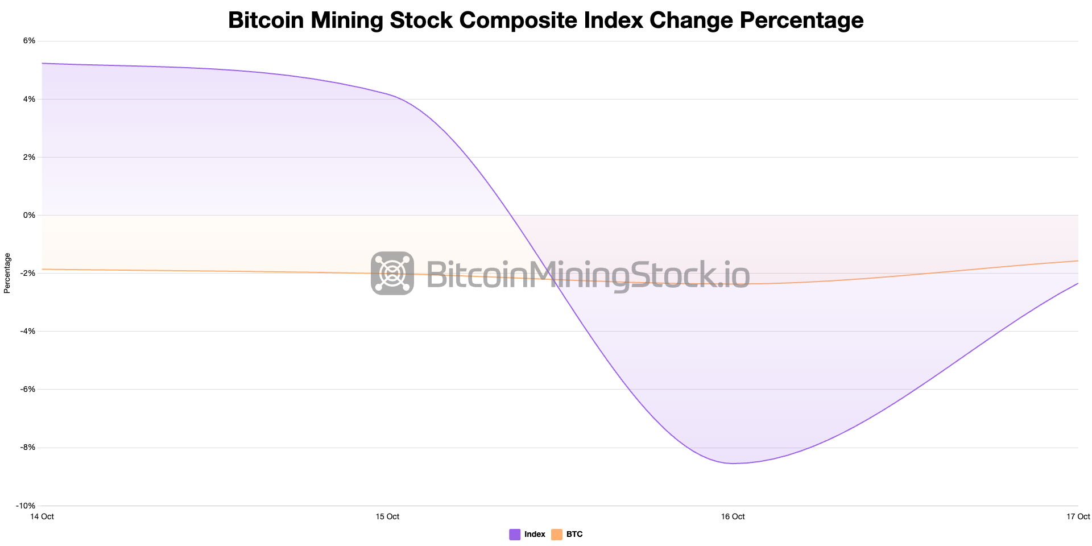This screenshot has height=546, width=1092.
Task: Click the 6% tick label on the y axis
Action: pos(29,41)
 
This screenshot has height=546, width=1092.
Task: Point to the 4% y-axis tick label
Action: pos(29,99)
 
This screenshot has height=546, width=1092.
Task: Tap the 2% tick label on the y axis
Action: pos(29,157)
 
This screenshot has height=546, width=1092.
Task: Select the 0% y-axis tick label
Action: pos(29,215)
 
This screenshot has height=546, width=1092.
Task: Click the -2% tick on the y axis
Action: pos(27,273)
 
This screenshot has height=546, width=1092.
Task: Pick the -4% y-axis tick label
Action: pos(27,331)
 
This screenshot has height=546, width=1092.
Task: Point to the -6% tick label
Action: pos(27,389)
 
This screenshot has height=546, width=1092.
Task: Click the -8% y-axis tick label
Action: pos(27,448)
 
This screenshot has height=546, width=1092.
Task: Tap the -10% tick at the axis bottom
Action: pos(26,506)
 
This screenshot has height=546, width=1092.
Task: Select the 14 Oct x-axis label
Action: pos(42,516)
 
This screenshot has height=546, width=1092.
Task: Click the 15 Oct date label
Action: pos(387,516)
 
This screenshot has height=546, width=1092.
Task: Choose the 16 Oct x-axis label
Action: pos(733,516)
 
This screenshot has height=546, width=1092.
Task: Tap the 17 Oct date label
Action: pos(1078,516)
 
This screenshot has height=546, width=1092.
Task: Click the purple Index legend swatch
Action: pos(515,535)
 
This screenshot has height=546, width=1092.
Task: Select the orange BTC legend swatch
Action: pos(557,535)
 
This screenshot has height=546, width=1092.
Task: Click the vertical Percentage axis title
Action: pos(7,273)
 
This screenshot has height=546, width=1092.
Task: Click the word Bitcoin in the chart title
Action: pos(266,20)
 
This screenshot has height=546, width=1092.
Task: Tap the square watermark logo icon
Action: pos(392,273)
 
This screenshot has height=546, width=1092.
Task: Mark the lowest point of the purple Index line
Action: pos(734,463)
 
